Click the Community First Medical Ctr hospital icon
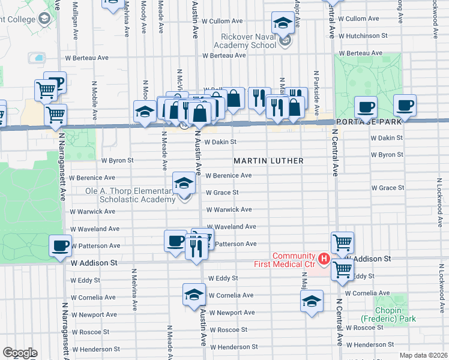click(324, 259)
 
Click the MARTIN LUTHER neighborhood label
click(268, 161)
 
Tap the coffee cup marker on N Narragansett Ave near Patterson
click(61, 245)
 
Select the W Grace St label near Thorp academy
click(222, 193)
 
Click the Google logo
click(20, 353)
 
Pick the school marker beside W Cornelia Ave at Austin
click(194, 295)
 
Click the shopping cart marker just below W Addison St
click(342, 269)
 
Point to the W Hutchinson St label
click(363, 36)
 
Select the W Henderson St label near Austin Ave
click(234, 347)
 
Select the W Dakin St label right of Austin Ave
click(220, 142)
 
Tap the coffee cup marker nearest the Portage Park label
click(365, 107)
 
